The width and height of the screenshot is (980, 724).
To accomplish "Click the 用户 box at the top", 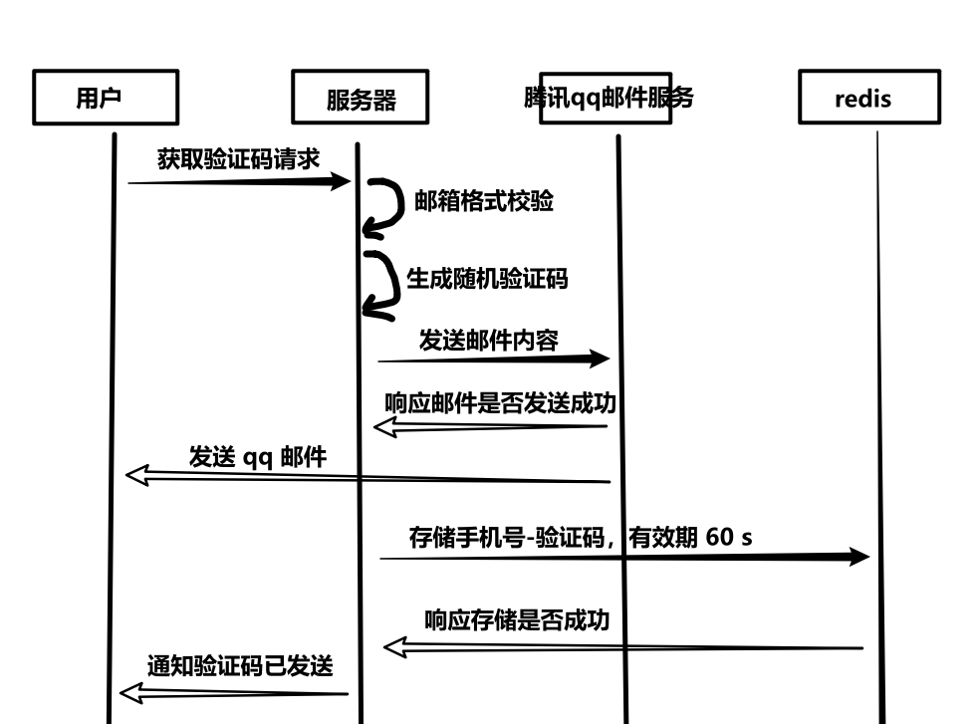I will (105, 98).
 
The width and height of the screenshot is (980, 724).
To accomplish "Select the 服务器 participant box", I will (361, 98).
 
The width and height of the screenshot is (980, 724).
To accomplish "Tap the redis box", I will (868, 98).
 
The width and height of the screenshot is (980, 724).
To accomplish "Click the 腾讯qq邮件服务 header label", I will (608, 98).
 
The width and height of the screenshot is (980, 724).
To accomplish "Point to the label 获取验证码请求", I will (238, 158).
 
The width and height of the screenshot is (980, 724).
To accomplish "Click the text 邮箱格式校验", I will (483, 201).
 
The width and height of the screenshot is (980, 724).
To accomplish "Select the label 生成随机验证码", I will (487, 278).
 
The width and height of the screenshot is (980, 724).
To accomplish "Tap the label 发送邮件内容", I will (488, 341).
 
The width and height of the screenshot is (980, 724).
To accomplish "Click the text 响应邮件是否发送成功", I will (500, 402).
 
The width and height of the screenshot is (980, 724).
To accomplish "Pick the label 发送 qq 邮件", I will (258, 456).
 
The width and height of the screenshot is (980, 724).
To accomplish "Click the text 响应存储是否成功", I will (516, 619).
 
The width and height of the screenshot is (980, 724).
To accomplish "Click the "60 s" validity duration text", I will (729, 537).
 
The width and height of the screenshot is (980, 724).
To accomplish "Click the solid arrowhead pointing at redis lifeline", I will (858, 557).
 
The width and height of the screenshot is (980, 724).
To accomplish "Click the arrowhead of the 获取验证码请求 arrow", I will (341, 181).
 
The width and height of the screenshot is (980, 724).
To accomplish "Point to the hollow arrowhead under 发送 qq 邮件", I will (136, 475).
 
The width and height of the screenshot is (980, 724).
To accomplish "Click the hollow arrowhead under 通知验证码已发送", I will (130, 693).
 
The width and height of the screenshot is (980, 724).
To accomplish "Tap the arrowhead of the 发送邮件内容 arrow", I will (598, 359).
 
